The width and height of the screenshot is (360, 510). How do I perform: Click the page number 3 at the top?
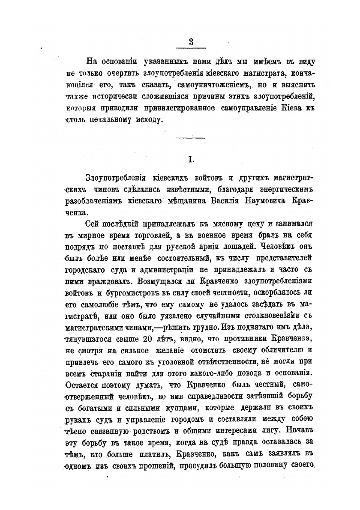(191, 42)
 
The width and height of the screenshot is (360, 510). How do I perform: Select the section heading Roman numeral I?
(191, 160)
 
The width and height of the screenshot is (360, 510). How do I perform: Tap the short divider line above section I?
(191, 137)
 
